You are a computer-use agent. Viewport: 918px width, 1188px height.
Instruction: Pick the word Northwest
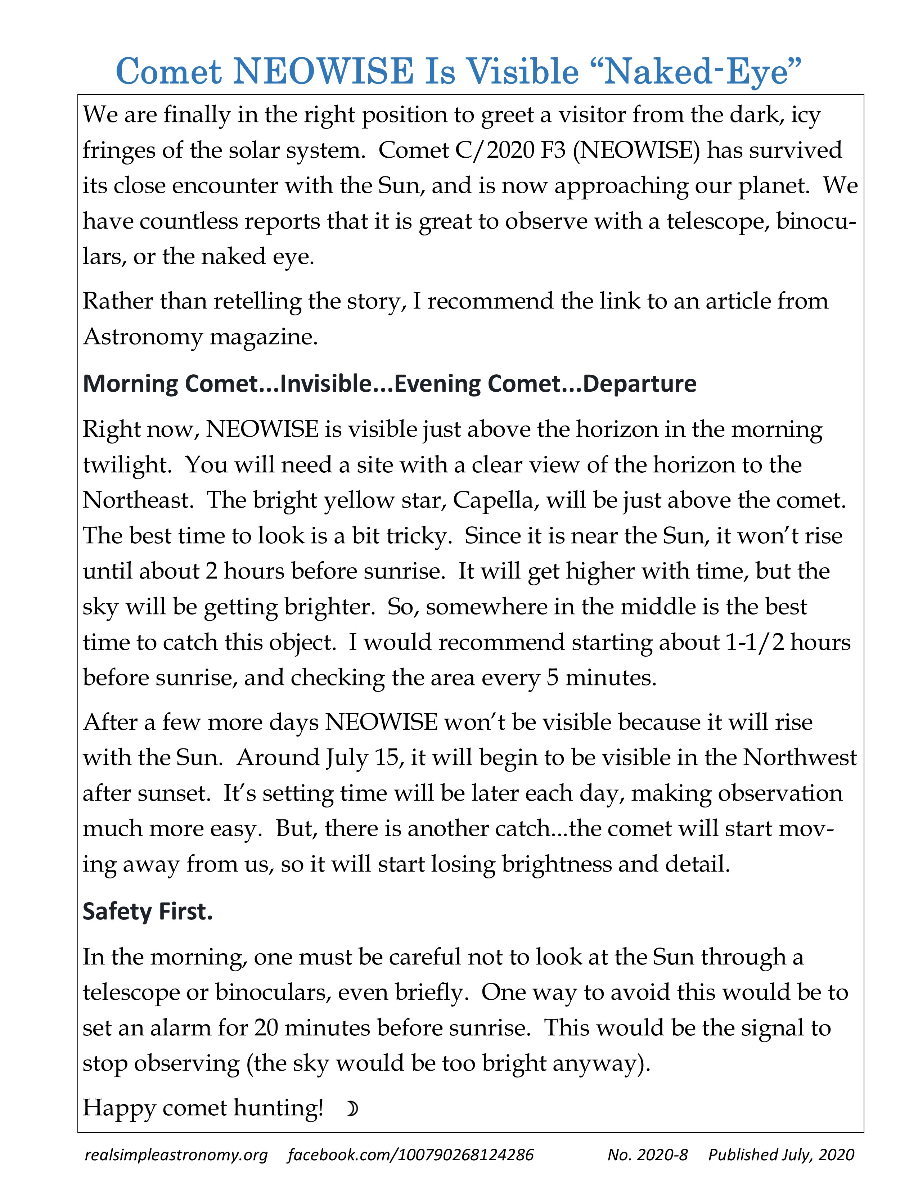(800, 758)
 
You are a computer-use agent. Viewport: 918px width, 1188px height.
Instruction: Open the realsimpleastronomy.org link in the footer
(176, 1155)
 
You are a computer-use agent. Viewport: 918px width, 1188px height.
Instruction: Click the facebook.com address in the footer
(411, 1155)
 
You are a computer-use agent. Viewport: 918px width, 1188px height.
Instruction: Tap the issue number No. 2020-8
(647, 1155)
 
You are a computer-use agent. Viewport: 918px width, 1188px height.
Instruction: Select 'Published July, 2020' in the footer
(781, 1155)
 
